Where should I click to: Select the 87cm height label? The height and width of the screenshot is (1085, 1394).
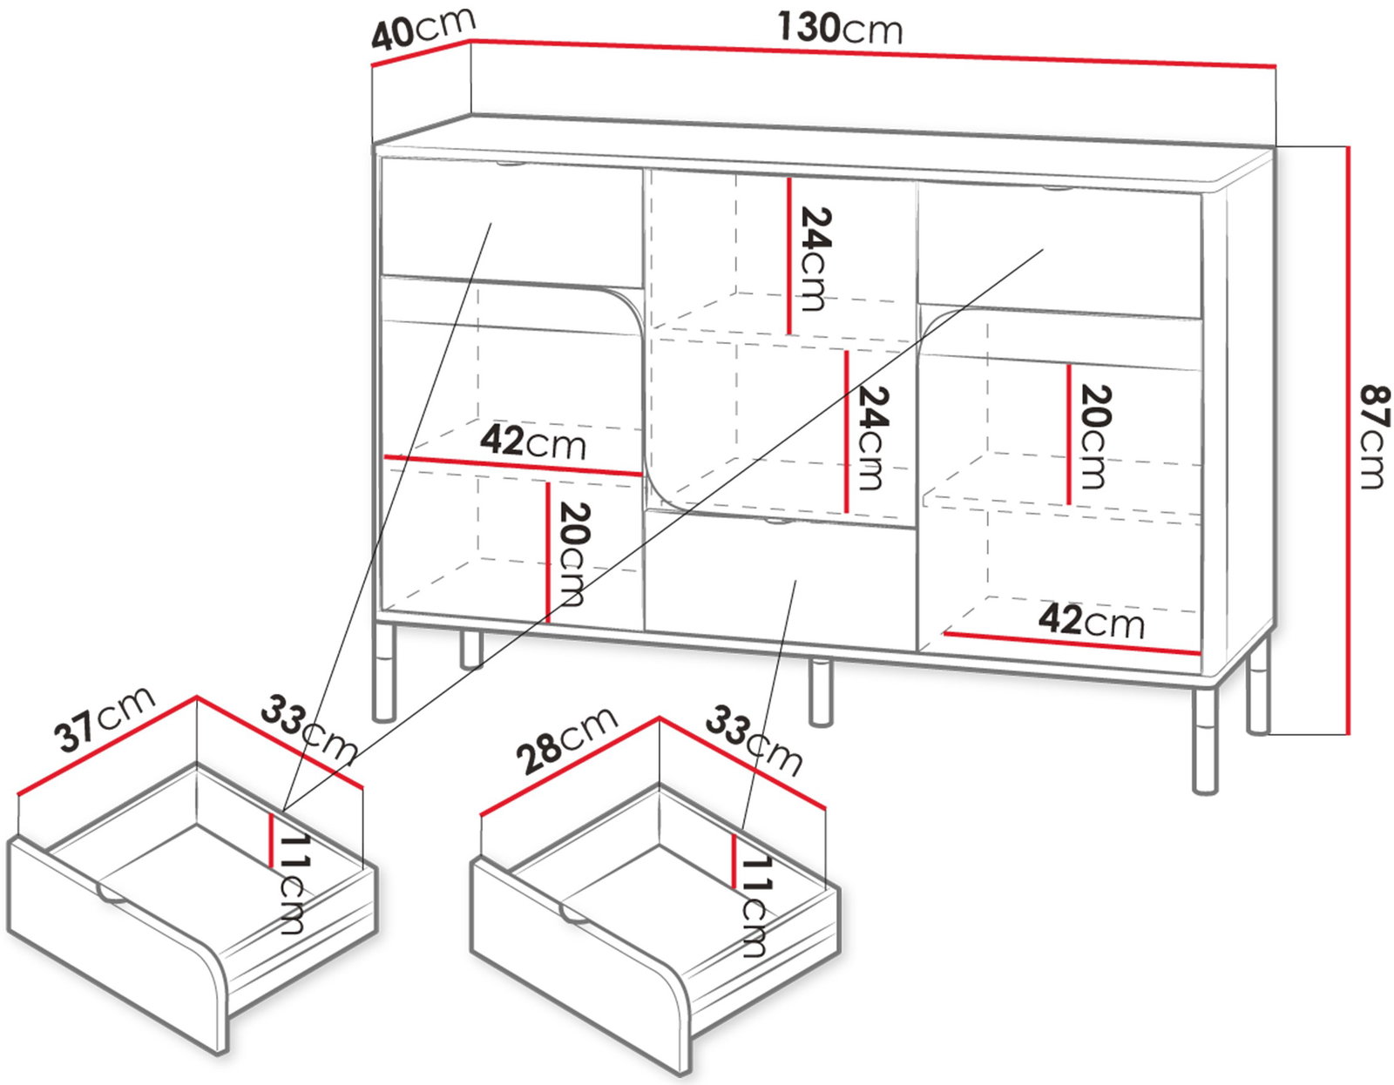pyautogui.click(x=1375, y=435)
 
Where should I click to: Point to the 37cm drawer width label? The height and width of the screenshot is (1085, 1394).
pyautogui.click(x=105, y=718)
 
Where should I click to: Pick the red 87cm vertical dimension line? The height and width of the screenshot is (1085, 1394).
pyautogui.click(x=1349, y=440)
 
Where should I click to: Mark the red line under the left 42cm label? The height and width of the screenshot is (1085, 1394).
pyautogui.click(x=512, y=466)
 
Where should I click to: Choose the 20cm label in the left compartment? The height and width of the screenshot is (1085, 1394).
pyautogui.click(x=571, y=555)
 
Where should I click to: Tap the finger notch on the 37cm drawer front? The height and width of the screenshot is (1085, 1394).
pyautogui.click(x=114, y=896)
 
